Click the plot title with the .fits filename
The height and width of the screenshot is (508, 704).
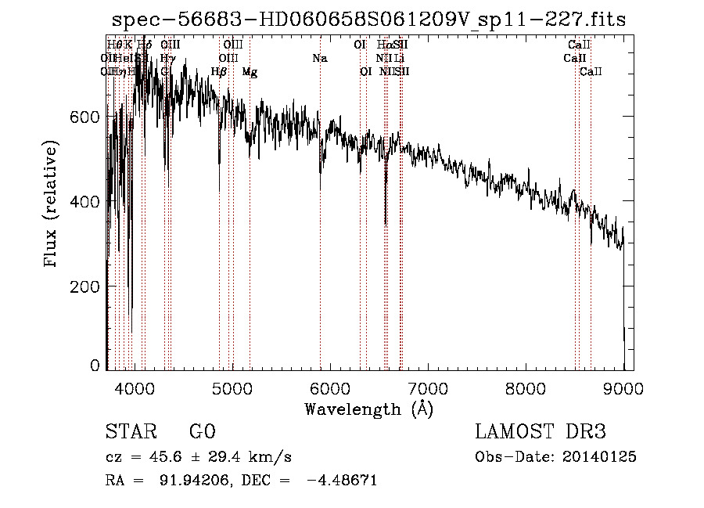click(368, 20)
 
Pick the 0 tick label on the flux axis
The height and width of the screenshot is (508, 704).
click(95, 365)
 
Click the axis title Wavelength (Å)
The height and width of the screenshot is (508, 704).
click(369, 409)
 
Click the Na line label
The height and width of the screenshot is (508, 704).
click(319, 58)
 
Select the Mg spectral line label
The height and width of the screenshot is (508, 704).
click(250, 72)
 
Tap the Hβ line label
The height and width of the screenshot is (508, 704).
click(219, 72)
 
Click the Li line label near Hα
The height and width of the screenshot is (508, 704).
click(400, 58)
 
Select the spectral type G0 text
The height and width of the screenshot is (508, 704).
click(202, 431)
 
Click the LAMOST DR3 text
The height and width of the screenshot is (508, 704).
click(541, 431)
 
